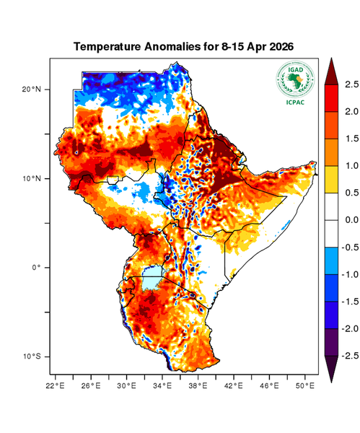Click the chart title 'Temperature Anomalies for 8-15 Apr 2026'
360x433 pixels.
(188, 47)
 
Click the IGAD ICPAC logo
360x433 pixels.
(296, 83)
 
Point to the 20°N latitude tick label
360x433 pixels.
(31, 89)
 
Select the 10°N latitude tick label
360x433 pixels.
(31, 178)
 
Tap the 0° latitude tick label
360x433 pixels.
(36, 268)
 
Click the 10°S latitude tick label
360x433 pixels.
(31, 357)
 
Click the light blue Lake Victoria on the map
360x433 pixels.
(152, 277)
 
